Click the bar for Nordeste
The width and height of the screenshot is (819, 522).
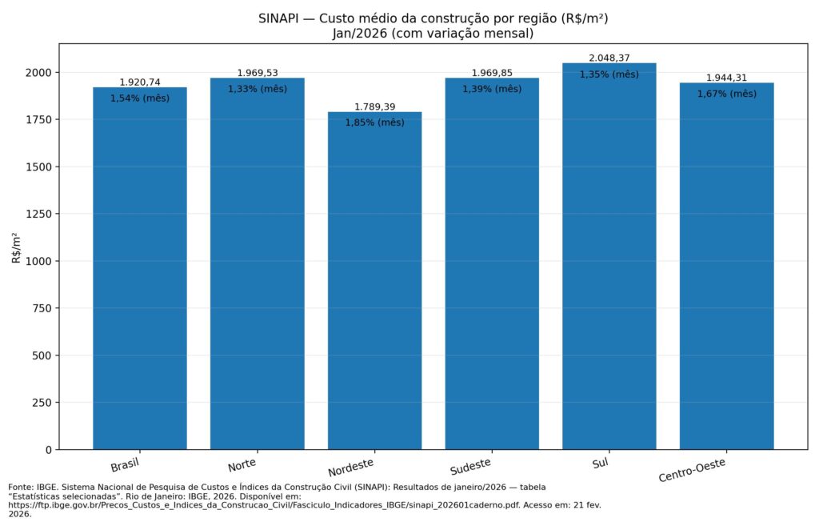[x=374, y=280]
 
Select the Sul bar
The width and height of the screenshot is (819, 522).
[x=609, y=256]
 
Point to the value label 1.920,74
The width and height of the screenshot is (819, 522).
[x=140, y=82]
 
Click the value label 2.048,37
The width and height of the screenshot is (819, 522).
[x=609, y=58]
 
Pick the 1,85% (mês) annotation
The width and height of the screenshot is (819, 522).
[x=374, y=122]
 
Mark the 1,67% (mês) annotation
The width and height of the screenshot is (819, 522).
[x=726, y=94]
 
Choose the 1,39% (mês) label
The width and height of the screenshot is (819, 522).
[x=492, y=89]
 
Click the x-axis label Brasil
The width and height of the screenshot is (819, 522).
[x=126, y=466]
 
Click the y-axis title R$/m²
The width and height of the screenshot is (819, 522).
[x=16, y=247]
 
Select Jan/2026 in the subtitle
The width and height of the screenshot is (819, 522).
[x=360, y=34]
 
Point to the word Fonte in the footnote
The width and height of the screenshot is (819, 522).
[x=20, y=487]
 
